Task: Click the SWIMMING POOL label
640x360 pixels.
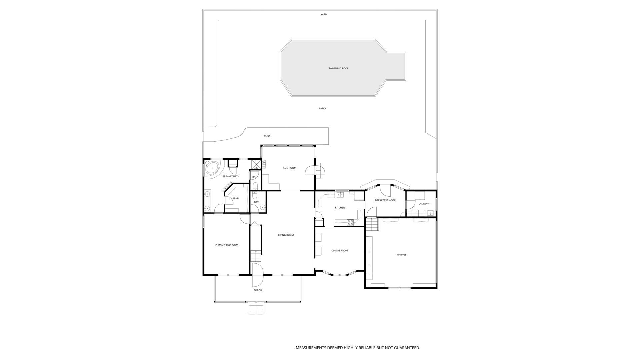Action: (x=338, y=69)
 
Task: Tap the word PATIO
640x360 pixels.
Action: (x=322, y=109)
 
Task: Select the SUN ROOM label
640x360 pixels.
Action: (x=290, y=168)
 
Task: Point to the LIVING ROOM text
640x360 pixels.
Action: (x=286, y=235)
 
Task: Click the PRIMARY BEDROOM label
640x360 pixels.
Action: (x=227, y=245)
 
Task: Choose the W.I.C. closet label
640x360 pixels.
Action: (x=236, y=198)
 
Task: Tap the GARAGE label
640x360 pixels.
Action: (x=402, y=255)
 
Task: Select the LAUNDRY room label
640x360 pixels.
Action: (x=424, y=204)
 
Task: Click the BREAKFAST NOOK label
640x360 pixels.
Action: (x=385, y=200)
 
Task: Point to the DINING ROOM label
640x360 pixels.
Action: (x=340, y=251)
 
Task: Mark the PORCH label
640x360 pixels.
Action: (x=258, y=290)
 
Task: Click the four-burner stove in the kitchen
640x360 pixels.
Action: (x=350, y=222)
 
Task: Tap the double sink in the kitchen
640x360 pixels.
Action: (x=340, y=195)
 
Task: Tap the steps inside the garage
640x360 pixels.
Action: (x=372, y=225)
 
